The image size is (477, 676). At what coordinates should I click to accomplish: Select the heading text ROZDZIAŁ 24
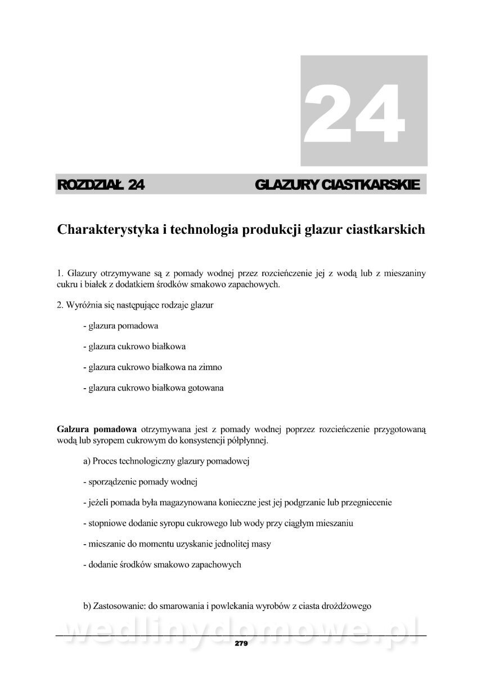pos(101,184)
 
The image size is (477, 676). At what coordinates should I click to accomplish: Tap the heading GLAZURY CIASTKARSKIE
pos(337,184)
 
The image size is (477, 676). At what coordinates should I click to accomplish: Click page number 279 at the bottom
pos(241,643)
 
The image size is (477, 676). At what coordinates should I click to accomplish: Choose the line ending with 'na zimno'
pos(152,367)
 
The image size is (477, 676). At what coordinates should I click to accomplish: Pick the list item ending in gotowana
pos(153,388)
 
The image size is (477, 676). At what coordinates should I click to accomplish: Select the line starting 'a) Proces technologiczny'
pos(166,461)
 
